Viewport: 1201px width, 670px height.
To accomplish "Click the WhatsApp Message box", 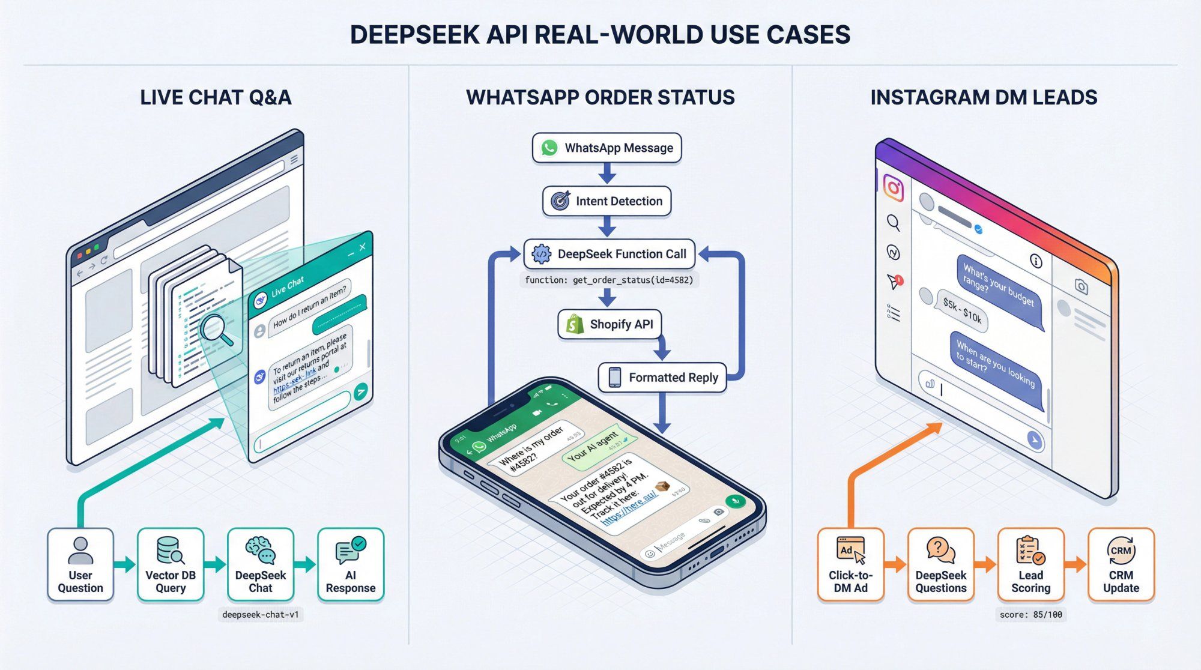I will point(607,148).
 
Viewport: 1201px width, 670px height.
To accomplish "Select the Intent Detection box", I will point(607,201).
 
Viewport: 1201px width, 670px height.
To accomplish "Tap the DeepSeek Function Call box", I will point(609,254).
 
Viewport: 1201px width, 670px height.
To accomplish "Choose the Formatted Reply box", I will point(662,378).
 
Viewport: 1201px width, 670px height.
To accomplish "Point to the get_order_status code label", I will point(608,280).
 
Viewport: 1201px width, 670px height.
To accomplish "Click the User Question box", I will point(80,564).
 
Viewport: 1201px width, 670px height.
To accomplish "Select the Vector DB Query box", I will point(171,564).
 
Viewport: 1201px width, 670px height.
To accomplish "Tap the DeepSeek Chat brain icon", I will point(261,549).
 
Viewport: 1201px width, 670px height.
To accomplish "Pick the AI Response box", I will point(351,564).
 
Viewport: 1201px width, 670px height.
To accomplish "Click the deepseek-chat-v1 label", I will point(260,615).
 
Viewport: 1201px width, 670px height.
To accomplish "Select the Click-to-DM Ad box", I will point(850,564).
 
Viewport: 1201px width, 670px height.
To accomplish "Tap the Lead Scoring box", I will point(1030,564).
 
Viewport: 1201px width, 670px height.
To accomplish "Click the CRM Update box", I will point(1121,564).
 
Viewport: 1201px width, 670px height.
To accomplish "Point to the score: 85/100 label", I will point(1030,615).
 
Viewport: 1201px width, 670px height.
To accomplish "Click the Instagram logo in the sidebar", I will point(893,188).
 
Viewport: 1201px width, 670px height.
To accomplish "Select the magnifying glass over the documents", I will point(216,330).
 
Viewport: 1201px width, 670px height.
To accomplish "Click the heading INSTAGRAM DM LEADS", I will point(984,97).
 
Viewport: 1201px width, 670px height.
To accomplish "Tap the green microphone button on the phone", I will point(734,501).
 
